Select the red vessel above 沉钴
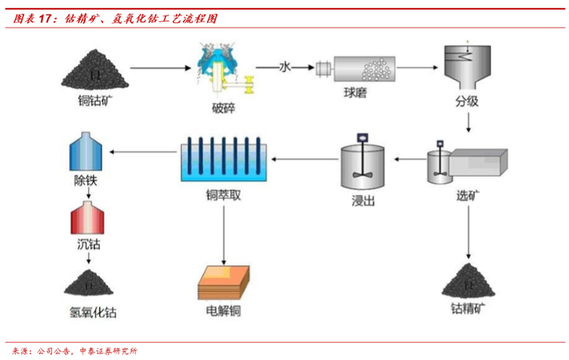(84, 218)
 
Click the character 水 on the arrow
(284, 67)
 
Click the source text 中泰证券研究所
(109, 350)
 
